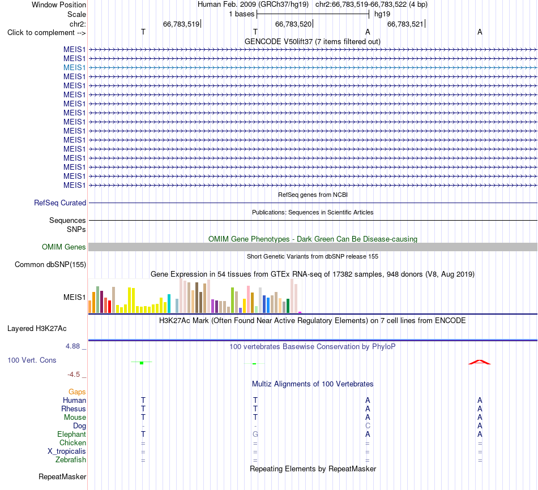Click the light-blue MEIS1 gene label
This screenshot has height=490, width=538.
click(x=74, y=67)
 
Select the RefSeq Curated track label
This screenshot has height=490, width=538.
click(x=60, y=203)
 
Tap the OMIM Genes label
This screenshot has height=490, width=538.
click(x=64, y=247)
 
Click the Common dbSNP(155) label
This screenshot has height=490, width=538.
click(x=50, y=264)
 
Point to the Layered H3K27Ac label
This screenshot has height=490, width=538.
click(x=37, y=329)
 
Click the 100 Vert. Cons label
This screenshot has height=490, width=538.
click(x=32, y=360)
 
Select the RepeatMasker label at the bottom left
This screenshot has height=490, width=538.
click(x=62, y=476)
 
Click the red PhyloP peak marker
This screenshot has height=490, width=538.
click(x=480, y=362)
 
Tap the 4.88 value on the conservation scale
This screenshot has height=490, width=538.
click(x=72, y=346)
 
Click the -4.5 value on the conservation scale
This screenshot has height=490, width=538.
click(x=74, y=375)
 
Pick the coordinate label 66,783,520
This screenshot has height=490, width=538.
click(x=293, y=24)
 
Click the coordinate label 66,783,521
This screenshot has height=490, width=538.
click(x=405, y=24)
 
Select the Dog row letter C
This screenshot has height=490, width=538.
click(x=368, y=426)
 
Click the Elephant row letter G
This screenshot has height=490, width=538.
click(x=255, y=435)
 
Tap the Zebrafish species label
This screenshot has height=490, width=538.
click(x=71, y=460)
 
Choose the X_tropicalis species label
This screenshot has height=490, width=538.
click(x=67, y=452)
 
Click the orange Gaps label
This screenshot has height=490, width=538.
click(x=77, y=392)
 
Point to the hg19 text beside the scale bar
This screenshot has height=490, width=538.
click(x=382, y=14)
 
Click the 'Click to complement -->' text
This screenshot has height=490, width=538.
click(x=46, y=33)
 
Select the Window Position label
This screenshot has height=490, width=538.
click(x=59, y=5)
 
